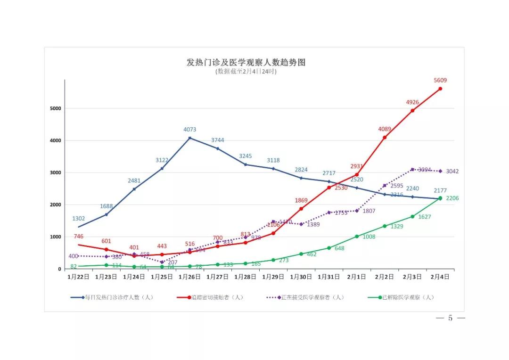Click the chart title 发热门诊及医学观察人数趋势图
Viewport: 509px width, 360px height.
pyautogui.click(x=246, y=62)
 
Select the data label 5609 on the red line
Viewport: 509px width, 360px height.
pyautogui.click(x=440, y=80)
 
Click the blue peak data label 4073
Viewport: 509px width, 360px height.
pyautogui.click(x=190, y=130)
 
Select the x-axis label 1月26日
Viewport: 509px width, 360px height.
pyautogui.click(x=190, y=278)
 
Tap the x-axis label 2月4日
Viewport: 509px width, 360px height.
pyautogui.click(x=440, y=278)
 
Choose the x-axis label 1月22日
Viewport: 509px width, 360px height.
pyautogui.click(x=78, y=278)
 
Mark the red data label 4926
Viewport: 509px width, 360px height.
pyautogui.click(x=412, y=102)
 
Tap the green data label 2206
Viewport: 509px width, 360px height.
pyautogui.click(x=452, y=198)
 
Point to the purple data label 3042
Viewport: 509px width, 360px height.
pyautogui.click(x=452, y=172)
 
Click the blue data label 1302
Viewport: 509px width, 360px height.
pyautogui.click(x=78, y=219)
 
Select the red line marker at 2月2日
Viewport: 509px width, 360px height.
pyautogui.click(x=385, y=138)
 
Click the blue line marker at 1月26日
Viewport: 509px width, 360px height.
pyautogui.click(x=190, y=138)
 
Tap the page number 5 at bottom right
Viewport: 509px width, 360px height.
pyautogui.click(x=450, y=319)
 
